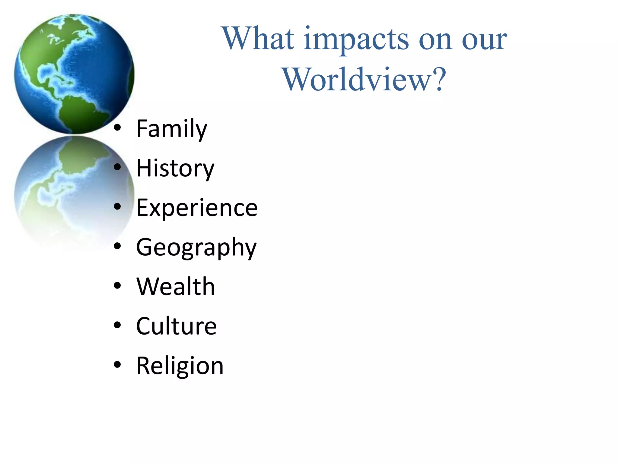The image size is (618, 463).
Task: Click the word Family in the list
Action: coord(172,129)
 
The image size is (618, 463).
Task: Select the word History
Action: coord(175,169)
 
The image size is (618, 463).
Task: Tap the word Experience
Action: coord(197,208)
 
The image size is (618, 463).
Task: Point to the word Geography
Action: coord(196,248)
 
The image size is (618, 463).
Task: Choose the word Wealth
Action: coord(176,287)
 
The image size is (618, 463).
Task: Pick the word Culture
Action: coord(177,326)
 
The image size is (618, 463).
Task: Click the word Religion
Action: coord(180,366)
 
